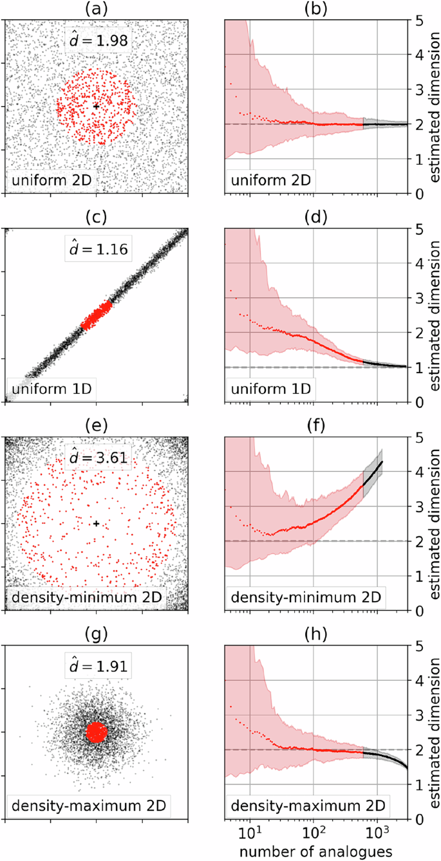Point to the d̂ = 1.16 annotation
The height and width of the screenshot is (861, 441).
tap(99, 249)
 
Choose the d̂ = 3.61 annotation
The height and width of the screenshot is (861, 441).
tap(99, 458)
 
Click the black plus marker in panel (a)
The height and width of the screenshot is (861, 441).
tap(96, 106)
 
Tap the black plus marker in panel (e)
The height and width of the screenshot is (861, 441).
tap(96, 523)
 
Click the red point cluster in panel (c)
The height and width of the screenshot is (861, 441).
tap(96, 315)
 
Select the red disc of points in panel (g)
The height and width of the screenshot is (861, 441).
tap(96, 732)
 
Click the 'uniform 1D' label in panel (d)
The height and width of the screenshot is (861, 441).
tap(272, 389)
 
